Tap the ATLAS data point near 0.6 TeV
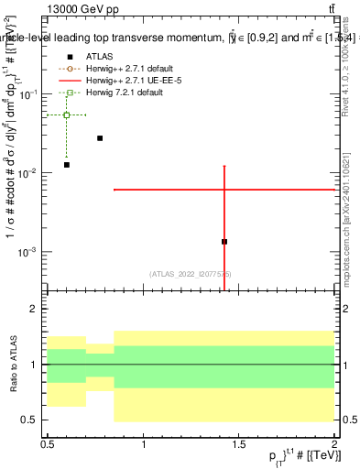pos(67,165)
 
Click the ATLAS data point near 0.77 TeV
pos(100,138)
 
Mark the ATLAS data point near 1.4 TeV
pos(224,242)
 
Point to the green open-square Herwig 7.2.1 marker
pos(67,115)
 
